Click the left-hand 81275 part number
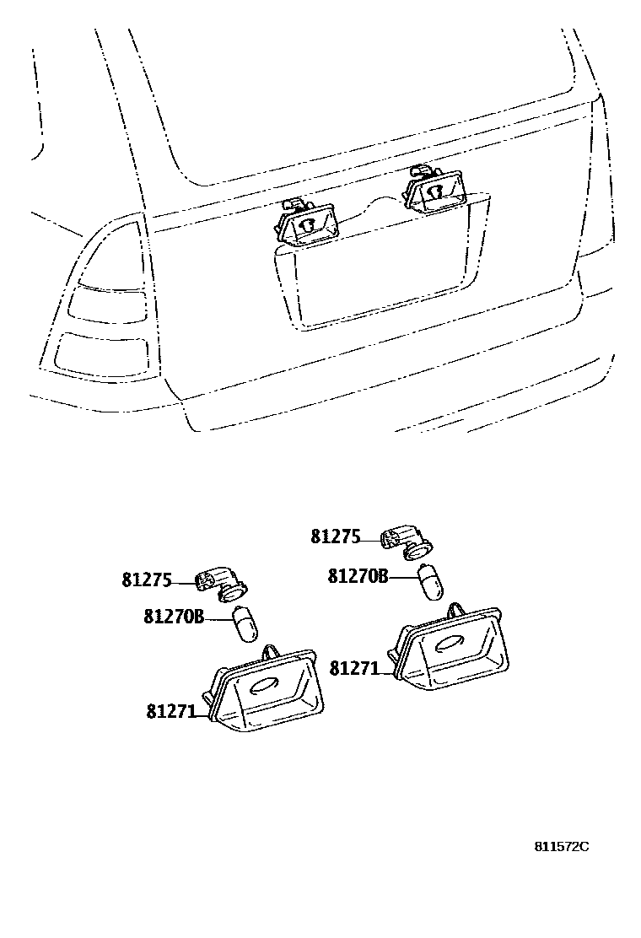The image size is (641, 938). pos(147,580)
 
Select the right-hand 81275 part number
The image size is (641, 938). pos(335,536)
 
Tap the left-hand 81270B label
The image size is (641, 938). pos(174,617)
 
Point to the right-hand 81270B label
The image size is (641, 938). pos(358,576)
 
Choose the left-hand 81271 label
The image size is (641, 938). pos(171,712)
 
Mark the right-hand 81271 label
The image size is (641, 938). pos(354,668)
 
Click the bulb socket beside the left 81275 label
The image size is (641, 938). pos(221,583)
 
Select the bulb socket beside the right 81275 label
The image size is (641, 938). pos(406,541)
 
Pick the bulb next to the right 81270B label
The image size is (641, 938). pos(430,583)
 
